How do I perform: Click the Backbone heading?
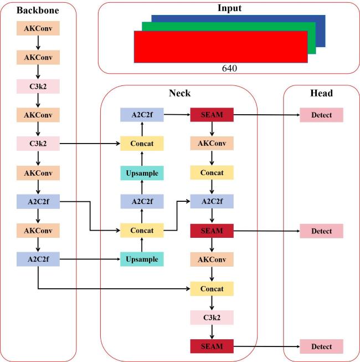(38, 11)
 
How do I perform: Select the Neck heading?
(179, 93)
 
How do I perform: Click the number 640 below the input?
(229, 68)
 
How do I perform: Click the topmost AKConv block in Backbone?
(38, 28)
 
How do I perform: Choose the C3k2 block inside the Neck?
(212, 318)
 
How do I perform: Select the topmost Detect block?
(322, 115)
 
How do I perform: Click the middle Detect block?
(322, 231)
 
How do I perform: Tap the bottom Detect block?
(322, 346)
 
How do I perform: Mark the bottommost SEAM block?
(212, 346)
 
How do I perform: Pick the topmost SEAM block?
(212, 115)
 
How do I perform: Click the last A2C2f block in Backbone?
(38, 259)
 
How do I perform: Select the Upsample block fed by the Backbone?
(142, 259)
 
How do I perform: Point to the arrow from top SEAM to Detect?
(266, 115)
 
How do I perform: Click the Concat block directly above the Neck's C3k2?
(212, 289)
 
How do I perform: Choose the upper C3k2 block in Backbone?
(38, 86)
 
